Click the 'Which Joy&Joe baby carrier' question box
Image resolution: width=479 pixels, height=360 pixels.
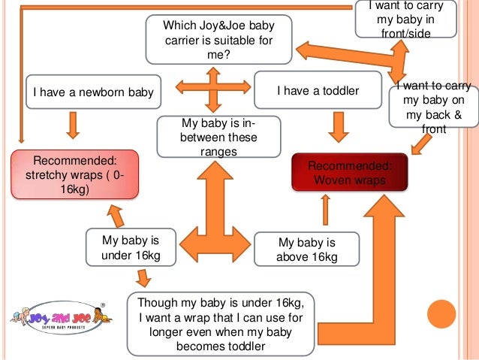[x=218, y=41]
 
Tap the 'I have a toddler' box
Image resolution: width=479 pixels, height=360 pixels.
[x=318, y=91]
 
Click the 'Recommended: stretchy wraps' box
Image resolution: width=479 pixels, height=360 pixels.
[x=74, y=174]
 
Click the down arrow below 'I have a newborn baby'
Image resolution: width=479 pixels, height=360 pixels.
[x=73, y=124]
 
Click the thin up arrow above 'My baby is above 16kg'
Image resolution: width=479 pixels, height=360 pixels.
[x=325, y=210]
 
